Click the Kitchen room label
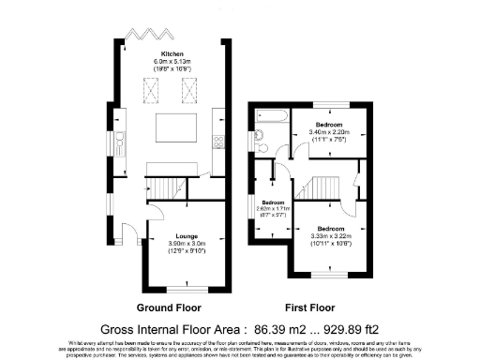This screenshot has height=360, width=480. coord(172,53)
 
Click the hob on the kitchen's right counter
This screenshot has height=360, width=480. coord(218,142)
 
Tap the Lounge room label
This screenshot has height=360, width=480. coord(172,237)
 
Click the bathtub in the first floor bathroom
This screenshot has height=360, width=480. coord(268,117)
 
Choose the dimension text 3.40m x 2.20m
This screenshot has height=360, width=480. coord(328,132)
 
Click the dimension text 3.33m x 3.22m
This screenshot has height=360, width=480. coord(329,235)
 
